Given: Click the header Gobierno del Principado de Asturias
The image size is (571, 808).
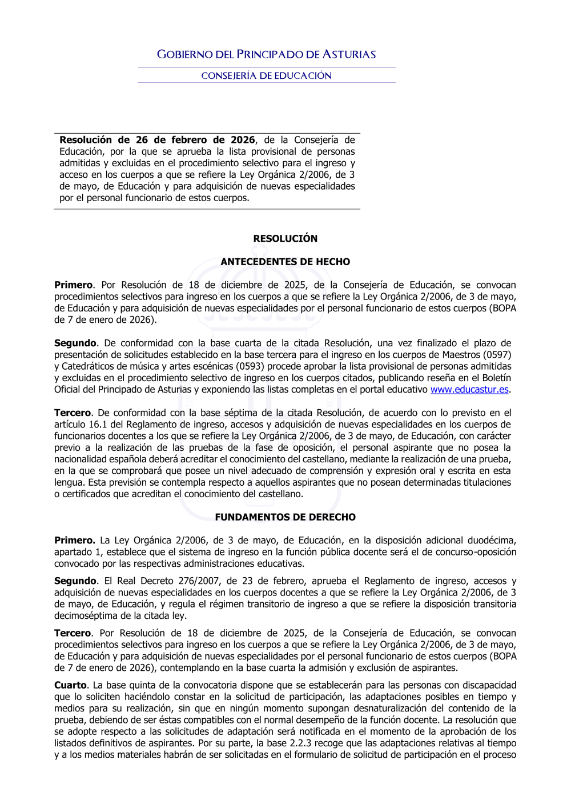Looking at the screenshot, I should [266, 55].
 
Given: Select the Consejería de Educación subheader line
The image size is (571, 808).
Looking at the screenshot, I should [266, 76].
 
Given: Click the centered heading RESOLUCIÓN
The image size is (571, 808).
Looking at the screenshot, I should [285, 239].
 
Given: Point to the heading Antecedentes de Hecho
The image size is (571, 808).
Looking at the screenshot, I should [285, 262].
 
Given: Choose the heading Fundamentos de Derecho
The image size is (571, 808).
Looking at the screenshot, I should [285, 517].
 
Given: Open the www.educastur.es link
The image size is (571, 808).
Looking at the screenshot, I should [469, 390].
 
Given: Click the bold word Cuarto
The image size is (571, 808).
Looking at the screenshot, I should [70, 685].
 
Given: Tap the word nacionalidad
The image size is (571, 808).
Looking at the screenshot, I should [83, 459].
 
